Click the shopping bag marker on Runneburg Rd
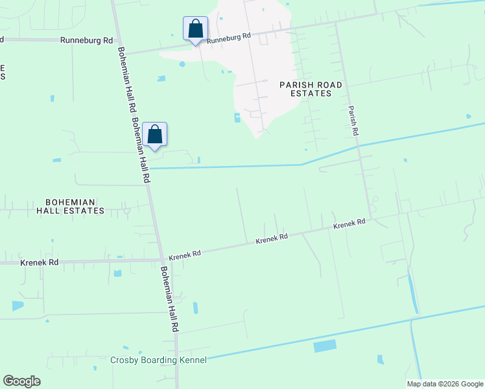click(x=195, y=29)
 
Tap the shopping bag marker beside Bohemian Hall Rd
click(x=155, y=135)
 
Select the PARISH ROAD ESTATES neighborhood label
click(x=305, y=89)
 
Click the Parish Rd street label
click(x=353, y=121)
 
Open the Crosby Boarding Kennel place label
click(x=158, y=360)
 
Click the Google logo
click(x=21, y=381)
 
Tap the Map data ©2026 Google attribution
click(x=444, y=384)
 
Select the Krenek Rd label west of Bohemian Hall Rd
click(x=40, y=263)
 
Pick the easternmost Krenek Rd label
click(x=349, y=224)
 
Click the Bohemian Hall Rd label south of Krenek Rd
click(x=169, y=300)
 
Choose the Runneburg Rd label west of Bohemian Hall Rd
click(x=86, y=40)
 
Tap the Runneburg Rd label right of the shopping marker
click(x=228, y=37)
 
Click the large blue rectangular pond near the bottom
click(x=325, y=346)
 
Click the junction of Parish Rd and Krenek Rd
click(x=371, y=217)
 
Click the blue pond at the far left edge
click(x=17, y=305)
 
